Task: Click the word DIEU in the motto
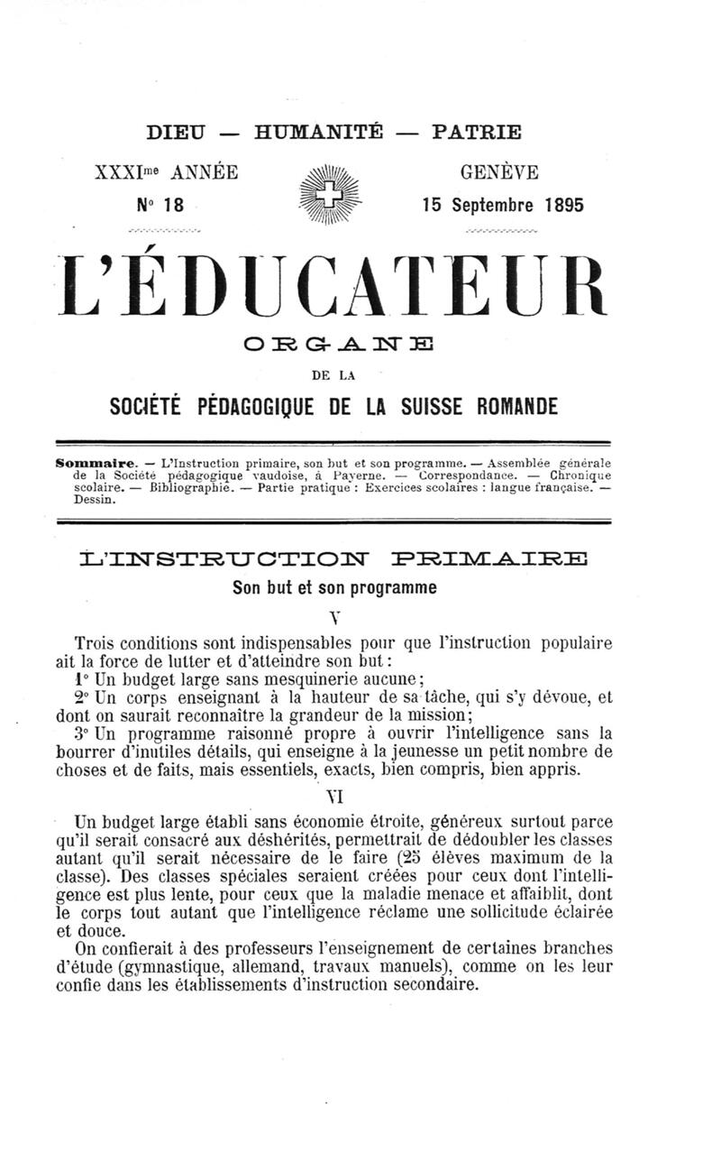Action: [x=176, y=133]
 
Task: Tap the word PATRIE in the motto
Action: [x=477, y=133]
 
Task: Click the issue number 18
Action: [x=173, y=205]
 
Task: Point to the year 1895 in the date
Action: [x=564, y=205]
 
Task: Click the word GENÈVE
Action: [x=499, y=171]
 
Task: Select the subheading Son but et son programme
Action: [x=334, y=587]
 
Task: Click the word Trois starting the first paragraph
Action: [x=96, y=644]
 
